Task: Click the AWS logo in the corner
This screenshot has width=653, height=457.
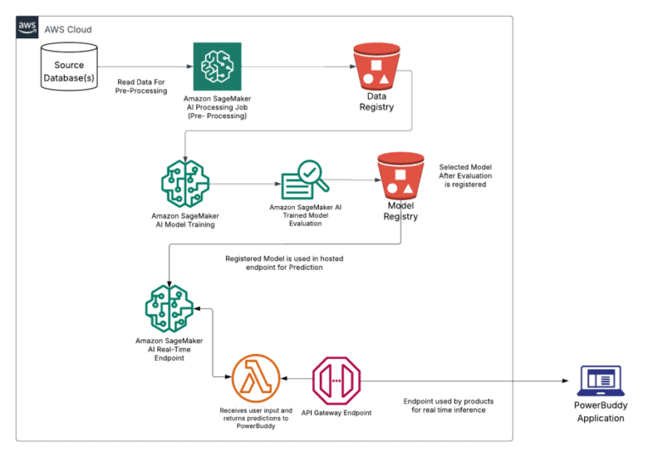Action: point(27,27)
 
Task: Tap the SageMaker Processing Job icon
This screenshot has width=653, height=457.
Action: point(217,66)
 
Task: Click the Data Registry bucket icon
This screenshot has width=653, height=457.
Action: point(376,68)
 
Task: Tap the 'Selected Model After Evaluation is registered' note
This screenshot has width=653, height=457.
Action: point(466,175)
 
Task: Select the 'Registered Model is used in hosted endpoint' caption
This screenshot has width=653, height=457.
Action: point(284,263)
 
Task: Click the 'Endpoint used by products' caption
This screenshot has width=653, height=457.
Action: point(448,405)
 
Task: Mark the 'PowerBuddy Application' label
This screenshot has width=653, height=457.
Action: point(600,413)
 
